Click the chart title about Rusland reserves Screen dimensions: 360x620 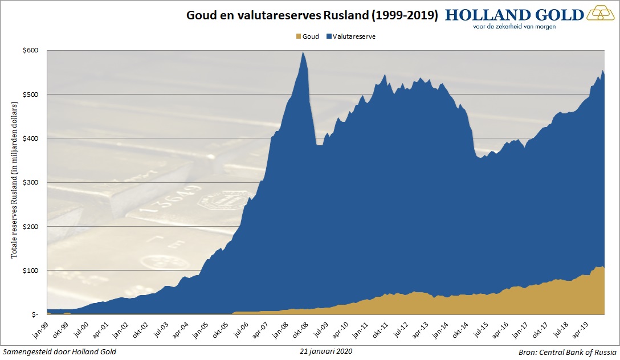click(x=312, y=15)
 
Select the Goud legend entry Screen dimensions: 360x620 click(x=308, y=36)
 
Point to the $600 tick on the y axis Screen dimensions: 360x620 click(x=31, y=50)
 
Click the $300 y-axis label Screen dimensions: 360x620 click(x=31, y=182)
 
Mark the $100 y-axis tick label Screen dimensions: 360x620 click(x=31, y=270)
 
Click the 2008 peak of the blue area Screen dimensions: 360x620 click(x=303, y=54)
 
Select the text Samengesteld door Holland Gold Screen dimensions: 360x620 click(x=60, y=351)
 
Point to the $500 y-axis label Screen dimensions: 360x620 click(x=31, y=94)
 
